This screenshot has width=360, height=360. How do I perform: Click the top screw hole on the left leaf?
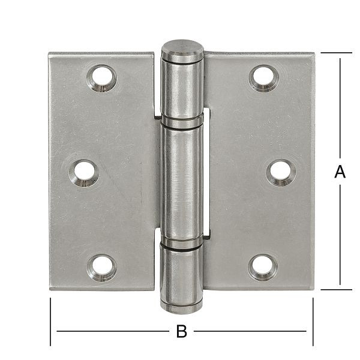pyautogui.click(x=102, y=78)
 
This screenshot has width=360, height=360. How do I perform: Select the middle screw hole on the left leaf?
pyautogui.click(x=86, y=173)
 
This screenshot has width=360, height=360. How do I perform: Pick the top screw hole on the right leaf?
pyautogui.click(x=263, y=78)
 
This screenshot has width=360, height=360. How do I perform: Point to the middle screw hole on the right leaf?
pyautogui.click(x=280, y=173)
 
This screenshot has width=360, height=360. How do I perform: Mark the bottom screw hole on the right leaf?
pyautogui.click(x=263, y=267)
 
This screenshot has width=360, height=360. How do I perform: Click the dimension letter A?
pyautogui.click(x=340, y=172)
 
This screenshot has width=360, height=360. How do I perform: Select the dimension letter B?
pyautogui.click(x=181, y=331)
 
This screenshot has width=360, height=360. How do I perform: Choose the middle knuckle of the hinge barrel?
pyautogui.click(x=181, y=183)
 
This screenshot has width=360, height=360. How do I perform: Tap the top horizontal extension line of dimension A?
pyautogui.click(x=336, y=53)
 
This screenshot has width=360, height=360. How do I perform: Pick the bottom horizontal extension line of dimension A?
pyautogui.click(x=336, y=290)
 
